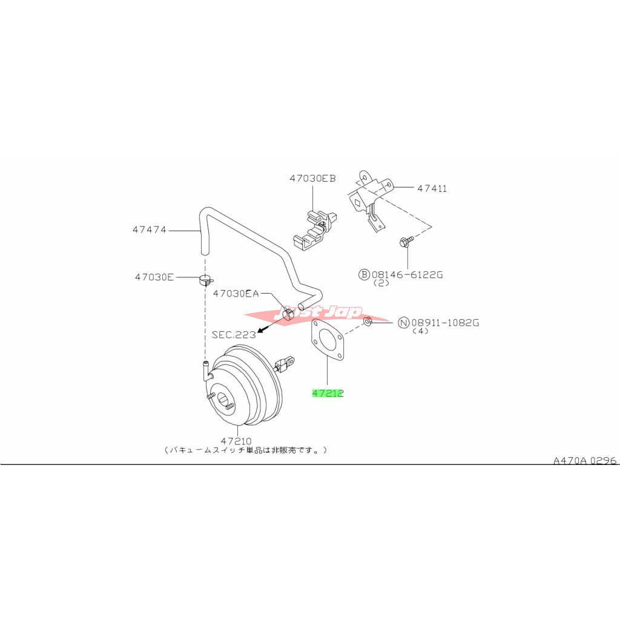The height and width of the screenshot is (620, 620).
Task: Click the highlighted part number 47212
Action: pos(328,393)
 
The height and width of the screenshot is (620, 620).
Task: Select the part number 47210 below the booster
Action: pos(236,441)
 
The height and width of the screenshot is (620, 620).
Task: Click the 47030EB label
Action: pos(312,178)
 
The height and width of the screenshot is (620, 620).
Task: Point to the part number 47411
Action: pos(432,188)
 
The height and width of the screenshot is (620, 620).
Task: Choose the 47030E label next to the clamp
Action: pos(154,277)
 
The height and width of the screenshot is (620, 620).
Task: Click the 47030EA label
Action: pos(236,294)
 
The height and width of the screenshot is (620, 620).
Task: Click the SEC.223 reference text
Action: pos(233,334)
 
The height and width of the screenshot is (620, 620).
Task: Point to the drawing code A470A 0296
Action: pos(584,461)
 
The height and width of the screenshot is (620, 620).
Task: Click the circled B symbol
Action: pos(364,274)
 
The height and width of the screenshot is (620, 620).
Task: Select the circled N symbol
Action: pos(403,323)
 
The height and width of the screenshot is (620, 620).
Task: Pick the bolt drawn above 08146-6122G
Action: pos(405,242)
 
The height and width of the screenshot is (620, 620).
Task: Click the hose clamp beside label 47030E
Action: pos(206,280)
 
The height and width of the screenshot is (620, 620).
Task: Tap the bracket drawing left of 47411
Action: pos(369,200)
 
